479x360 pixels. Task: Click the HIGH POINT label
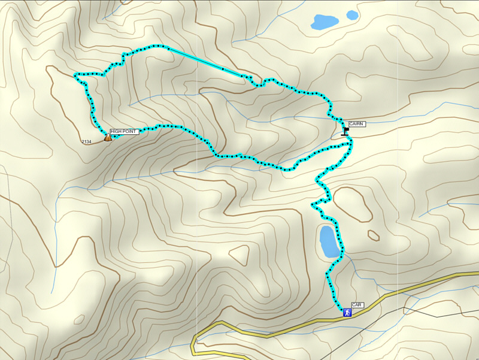tap(124, 131)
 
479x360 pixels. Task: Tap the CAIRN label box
tap(356, 124)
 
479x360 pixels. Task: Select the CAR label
tap(357, 305)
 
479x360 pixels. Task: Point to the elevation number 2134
tap(86, 141)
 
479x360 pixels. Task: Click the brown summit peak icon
tap(107, 137)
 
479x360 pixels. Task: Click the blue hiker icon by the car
tap(347, 312)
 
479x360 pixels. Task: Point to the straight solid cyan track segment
tap(204, 60)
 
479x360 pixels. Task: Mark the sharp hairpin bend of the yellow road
tap(195, 344)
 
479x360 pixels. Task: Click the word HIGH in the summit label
tap(117, 131)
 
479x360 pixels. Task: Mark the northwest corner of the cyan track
tap(75, 75)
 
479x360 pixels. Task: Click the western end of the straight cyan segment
tap(168, 48)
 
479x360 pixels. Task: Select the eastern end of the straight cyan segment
tap(242, 76)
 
